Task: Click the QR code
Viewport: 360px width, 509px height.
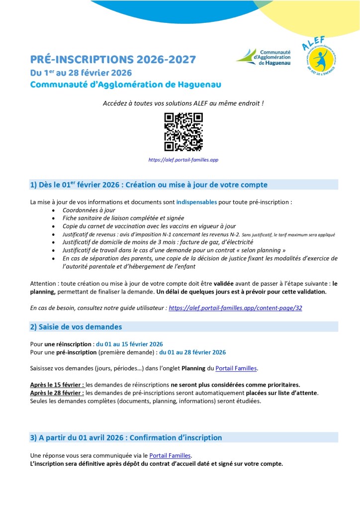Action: coord(183,132)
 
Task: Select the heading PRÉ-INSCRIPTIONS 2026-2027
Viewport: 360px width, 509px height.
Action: coord(113,60)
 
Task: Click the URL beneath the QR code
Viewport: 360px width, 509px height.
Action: coord(183,160)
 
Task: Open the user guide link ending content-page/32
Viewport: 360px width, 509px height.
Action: coord(235,308)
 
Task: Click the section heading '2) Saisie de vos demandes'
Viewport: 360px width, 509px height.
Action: coord(76,327)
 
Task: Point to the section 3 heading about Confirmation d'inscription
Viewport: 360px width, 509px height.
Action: coord(126,438)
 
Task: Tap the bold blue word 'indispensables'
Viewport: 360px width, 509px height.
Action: coord(196,203)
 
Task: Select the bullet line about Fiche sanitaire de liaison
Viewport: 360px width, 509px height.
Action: coord(116,218)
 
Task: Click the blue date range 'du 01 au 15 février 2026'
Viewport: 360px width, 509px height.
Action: coord(129,344)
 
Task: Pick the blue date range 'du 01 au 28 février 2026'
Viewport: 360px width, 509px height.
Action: coord(192,352)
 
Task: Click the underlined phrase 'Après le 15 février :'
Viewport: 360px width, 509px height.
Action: coord(57,385)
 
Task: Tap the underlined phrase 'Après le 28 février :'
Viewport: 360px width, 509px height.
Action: coord(57,393)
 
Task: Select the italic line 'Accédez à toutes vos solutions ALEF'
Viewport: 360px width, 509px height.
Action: coord(183,103)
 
